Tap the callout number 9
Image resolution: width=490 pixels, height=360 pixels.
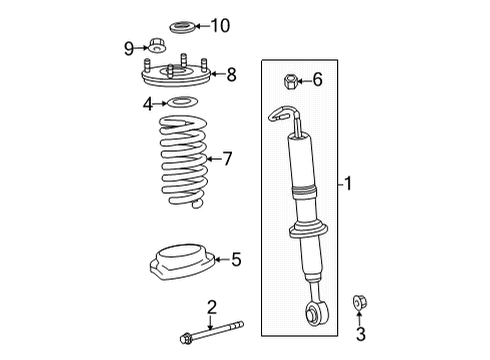pyautogui.click(x=129, y=46)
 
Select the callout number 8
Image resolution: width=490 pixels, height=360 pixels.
pyautogui.click(x=231, y=73)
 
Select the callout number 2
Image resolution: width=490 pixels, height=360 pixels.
pyautogui.click(x=211, y=306)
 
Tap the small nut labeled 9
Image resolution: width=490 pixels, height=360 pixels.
pyautogui.click(x=155, y=45)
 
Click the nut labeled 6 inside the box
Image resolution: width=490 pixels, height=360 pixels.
pyautogui.click(x=291, y=80)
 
